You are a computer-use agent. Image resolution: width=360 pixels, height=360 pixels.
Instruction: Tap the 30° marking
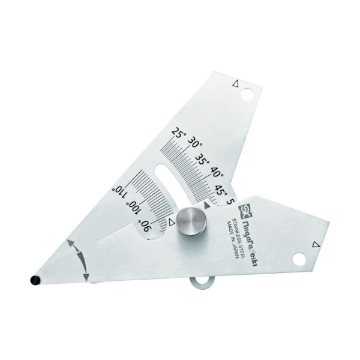[195, 144]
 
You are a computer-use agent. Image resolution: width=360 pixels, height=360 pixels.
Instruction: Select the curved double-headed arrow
[81, 260]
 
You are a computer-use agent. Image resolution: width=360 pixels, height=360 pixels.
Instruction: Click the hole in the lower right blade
[299, 259]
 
